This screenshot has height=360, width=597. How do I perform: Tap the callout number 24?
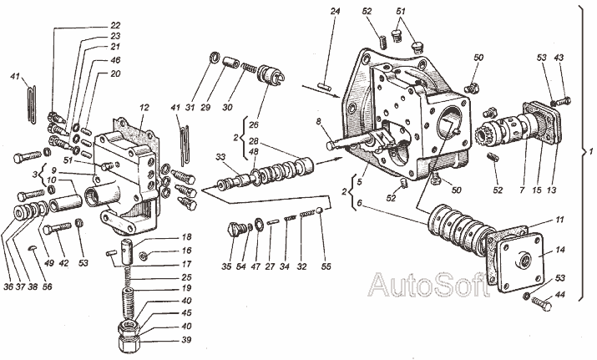336,13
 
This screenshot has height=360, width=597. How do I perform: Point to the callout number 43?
558,57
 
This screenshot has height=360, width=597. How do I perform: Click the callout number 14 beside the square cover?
559,250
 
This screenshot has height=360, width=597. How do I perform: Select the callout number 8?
318,122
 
